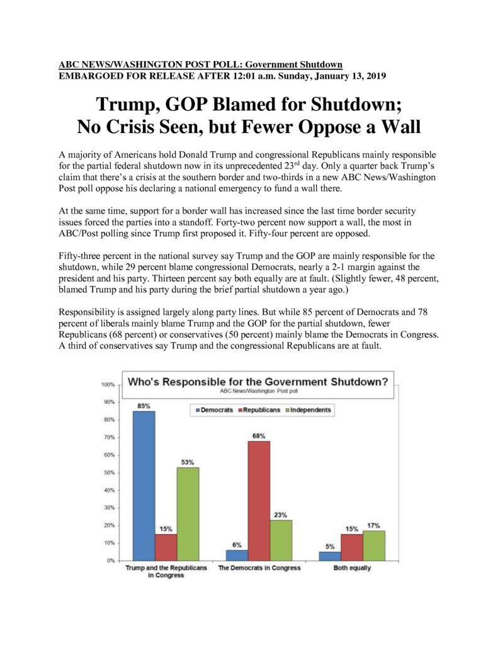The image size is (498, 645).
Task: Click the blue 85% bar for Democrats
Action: (x=144, y=486)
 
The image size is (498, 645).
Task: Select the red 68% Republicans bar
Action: (x=259, y=501)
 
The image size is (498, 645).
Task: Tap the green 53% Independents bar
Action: (x=188, y=514)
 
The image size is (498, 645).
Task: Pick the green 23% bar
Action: (x=281, y=540)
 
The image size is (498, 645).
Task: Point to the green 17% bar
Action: (x=374, y=545)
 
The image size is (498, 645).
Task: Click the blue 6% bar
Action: (x=237, y=556)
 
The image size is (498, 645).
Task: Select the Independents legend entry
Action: (x=308, y=410)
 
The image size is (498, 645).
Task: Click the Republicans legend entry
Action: (x=259, y=410)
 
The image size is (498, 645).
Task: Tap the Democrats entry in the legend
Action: (x=214, y=410)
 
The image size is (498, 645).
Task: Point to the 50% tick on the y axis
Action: (x=110, y=472)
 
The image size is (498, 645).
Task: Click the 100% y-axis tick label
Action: (x=108, y=385)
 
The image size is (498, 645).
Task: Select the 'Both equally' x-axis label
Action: (x=352, y=568)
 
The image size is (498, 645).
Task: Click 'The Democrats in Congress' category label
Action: (x=259, y=568)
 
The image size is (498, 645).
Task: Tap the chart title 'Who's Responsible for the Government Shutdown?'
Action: (x=258, y=382)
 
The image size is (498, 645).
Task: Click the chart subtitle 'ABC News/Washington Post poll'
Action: (x=259, y=391)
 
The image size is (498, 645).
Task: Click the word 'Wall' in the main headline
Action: (x=400, y=127)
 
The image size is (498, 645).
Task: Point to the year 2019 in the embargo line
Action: (x=376, y=76)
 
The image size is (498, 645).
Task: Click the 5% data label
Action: (x=330, y=547)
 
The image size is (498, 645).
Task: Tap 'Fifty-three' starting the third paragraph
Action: (x=79, y=256)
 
